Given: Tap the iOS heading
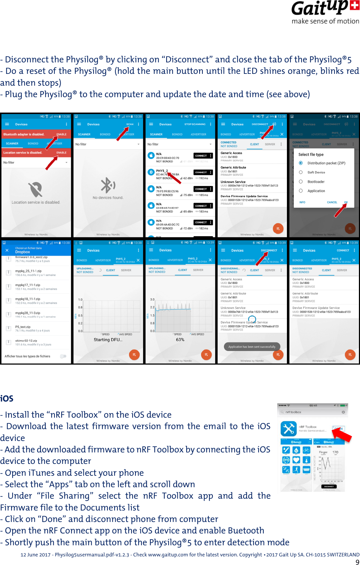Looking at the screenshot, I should point(7,398).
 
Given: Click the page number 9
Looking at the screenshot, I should point(357,562).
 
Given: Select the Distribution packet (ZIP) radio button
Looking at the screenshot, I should point(301,163).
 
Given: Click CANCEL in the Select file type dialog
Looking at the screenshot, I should point(332,202).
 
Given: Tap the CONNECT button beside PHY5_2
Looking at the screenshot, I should point(201,172).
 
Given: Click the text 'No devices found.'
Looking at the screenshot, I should point(108,198).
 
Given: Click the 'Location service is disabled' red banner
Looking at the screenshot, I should point(23,153).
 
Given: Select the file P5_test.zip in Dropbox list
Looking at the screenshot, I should point(23,327).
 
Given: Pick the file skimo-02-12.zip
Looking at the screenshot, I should point(26,341).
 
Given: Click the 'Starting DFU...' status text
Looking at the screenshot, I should point(108,340).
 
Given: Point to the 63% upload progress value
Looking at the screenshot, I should point(180,340).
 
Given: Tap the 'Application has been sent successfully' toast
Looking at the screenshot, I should point(252,347).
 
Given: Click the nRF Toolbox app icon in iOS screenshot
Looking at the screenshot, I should point(288,428).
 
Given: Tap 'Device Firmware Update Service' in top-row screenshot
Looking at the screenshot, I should point(244,196).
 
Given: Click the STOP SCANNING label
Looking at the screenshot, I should point(195,124).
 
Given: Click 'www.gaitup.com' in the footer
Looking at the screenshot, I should point(168,555).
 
